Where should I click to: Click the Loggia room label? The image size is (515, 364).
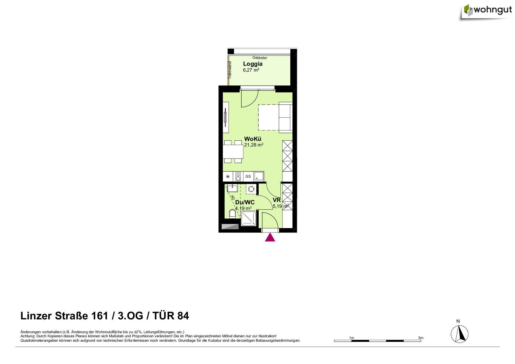coord(253,64)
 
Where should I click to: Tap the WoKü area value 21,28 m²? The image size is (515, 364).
coord(254,145)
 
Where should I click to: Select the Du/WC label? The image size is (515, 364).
coord(245,202)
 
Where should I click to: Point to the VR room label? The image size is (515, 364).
coord(277,200)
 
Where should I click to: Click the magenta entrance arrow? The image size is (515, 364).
coord(270,237)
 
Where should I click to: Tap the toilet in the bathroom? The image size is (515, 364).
coord(232,214)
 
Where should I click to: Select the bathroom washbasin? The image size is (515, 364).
coord(232,188)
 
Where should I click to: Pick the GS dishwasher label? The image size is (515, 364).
coord(248,176)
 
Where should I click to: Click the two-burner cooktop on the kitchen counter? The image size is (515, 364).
coord(238,176)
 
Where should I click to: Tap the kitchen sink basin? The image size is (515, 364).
coord(259,176)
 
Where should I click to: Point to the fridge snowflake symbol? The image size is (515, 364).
coord(228,176)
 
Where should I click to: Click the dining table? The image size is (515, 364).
coord(233,152)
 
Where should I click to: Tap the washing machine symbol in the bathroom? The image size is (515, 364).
coord(251,189)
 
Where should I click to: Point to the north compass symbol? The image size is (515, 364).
coord(460,334)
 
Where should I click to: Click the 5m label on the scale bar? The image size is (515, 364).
coord(421,338)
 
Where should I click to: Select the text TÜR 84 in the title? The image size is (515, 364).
coord(171,316)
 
